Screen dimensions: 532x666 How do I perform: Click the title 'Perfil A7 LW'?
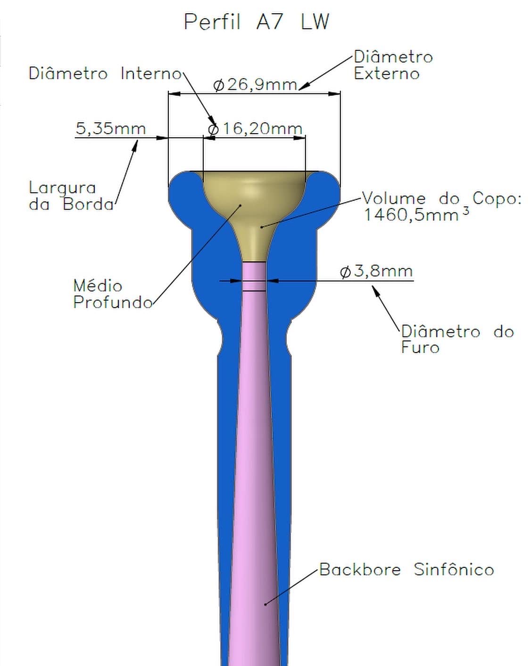[x=257, y=22]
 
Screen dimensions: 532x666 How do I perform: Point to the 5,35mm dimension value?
[x=111, y=129]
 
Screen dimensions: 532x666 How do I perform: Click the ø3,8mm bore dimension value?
[x=376, y=271]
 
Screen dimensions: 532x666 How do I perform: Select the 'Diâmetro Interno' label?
[x=105, y=74]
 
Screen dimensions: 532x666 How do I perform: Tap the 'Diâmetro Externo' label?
[x=393, y=65]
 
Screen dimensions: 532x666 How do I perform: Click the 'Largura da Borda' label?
[x=71, y=196]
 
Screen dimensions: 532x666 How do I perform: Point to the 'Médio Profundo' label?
[x=113, y=294]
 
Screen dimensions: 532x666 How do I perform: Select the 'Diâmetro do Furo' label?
[x=457, y=339]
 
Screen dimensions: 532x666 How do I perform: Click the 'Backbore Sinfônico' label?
[x=407, y=570]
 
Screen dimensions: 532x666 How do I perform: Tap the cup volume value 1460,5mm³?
[x=416, y=214]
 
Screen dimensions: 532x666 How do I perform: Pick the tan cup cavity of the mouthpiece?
[x=254, y=211]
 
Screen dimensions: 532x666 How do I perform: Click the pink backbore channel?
[x=254, y=464]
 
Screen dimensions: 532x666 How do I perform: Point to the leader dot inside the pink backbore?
[x=265, y=604]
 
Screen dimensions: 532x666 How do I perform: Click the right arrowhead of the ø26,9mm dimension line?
[x=334, y=94]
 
